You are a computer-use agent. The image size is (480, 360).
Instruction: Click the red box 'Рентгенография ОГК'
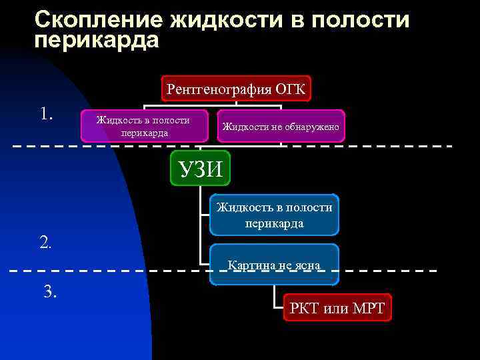(x=236, y=89)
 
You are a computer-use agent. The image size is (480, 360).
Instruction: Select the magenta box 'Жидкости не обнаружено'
(x=281, y=127)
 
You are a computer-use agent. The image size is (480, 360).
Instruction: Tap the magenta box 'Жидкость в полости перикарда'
(x=143, y=126)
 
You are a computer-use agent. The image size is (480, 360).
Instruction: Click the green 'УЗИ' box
(x=201, y=168)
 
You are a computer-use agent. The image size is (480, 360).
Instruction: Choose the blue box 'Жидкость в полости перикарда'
(x=273, y=215)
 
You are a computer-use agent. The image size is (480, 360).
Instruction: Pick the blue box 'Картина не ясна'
(x=273, y=265)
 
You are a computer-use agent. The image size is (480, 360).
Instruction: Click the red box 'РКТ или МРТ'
(x=337, y=309)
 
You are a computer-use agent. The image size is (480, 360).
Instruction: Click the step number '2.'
(x=46, y=241)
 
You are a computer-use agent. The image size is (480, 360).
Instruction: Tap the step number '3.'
(x=50, y=291)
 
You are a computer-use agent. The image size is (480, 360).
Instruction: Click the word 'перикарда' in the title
(x=97, y=40)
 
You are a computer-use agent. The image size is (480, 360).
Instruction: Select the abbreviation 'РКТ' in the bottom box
(x=305, y=309)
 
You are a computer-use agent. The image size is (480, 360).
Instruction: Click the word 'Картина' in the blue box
(x=249, y=265)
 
